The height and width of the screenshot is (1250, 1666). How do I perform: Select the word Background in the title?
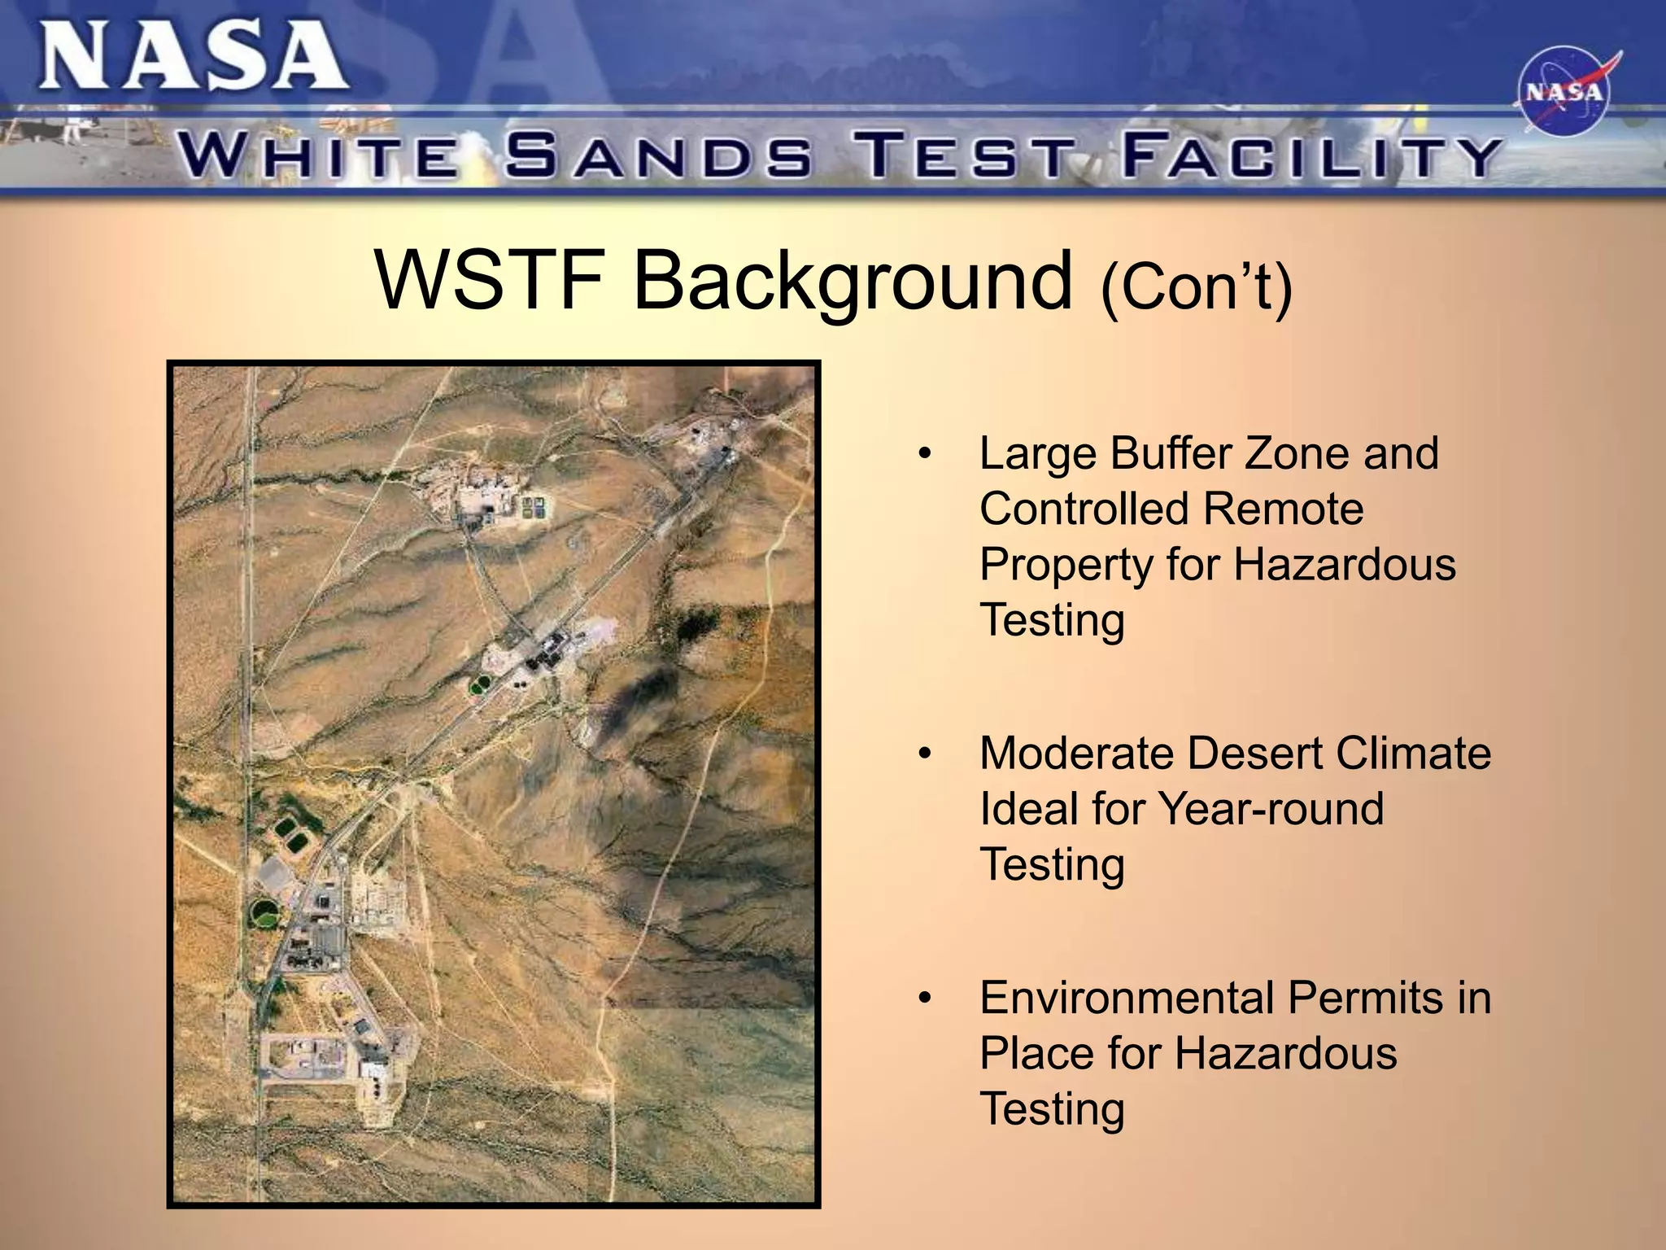pos(852,282)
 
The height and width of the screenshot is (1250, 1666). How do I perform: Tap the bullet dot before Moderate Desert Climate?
pos(923,754)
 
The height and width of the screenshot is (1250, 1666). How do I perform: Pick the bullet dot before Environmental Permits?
pos(923,999)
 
